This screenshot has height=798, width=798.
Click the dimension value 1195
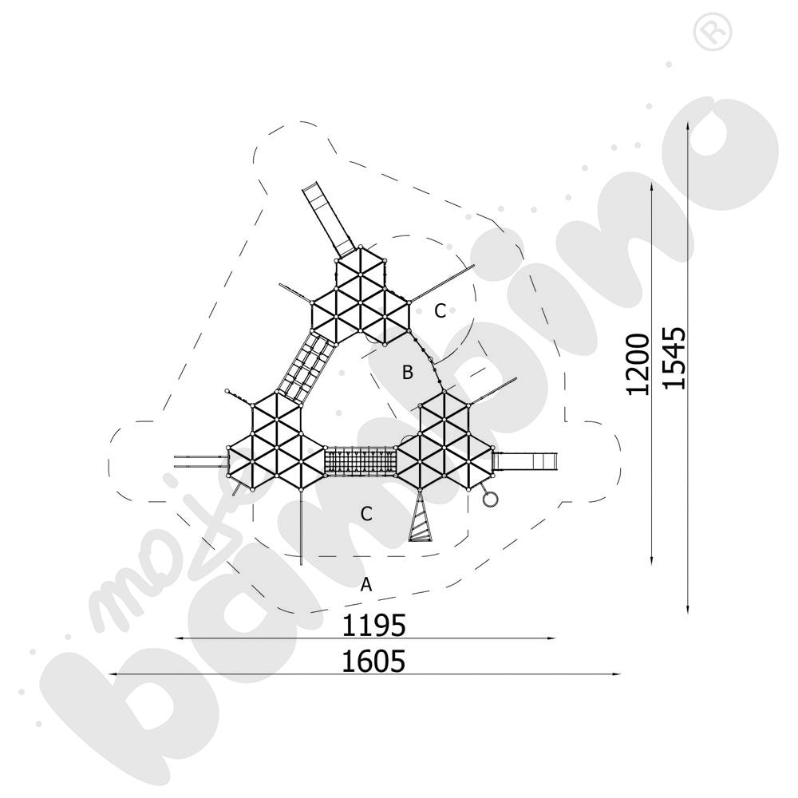pyautogui.click(x=373, y=625)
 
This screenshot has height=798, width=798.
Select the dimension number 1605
pyautogui.click(x=373, y=661)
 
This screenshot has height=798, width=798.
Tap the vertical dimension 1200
pyautogui.click(x=638, y=364)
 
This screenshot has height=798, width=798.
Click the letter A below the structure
pyautogui.click(x=366, y=585)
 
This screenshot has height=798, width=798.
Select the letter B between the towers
pyautogui.click(x=407, y=373)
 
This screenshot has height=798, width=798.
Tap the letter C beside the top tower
pyautogui.click(x=440, y=310)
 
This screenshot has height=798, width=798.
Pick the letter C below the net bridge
pyautogui.click(x=366, y=514)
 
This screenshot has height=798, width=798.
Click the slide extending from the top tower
pyautogui.click(x=328, y=220)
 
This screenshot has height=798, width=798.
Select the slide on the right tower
pyautogui.click(x=525, y=461)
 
